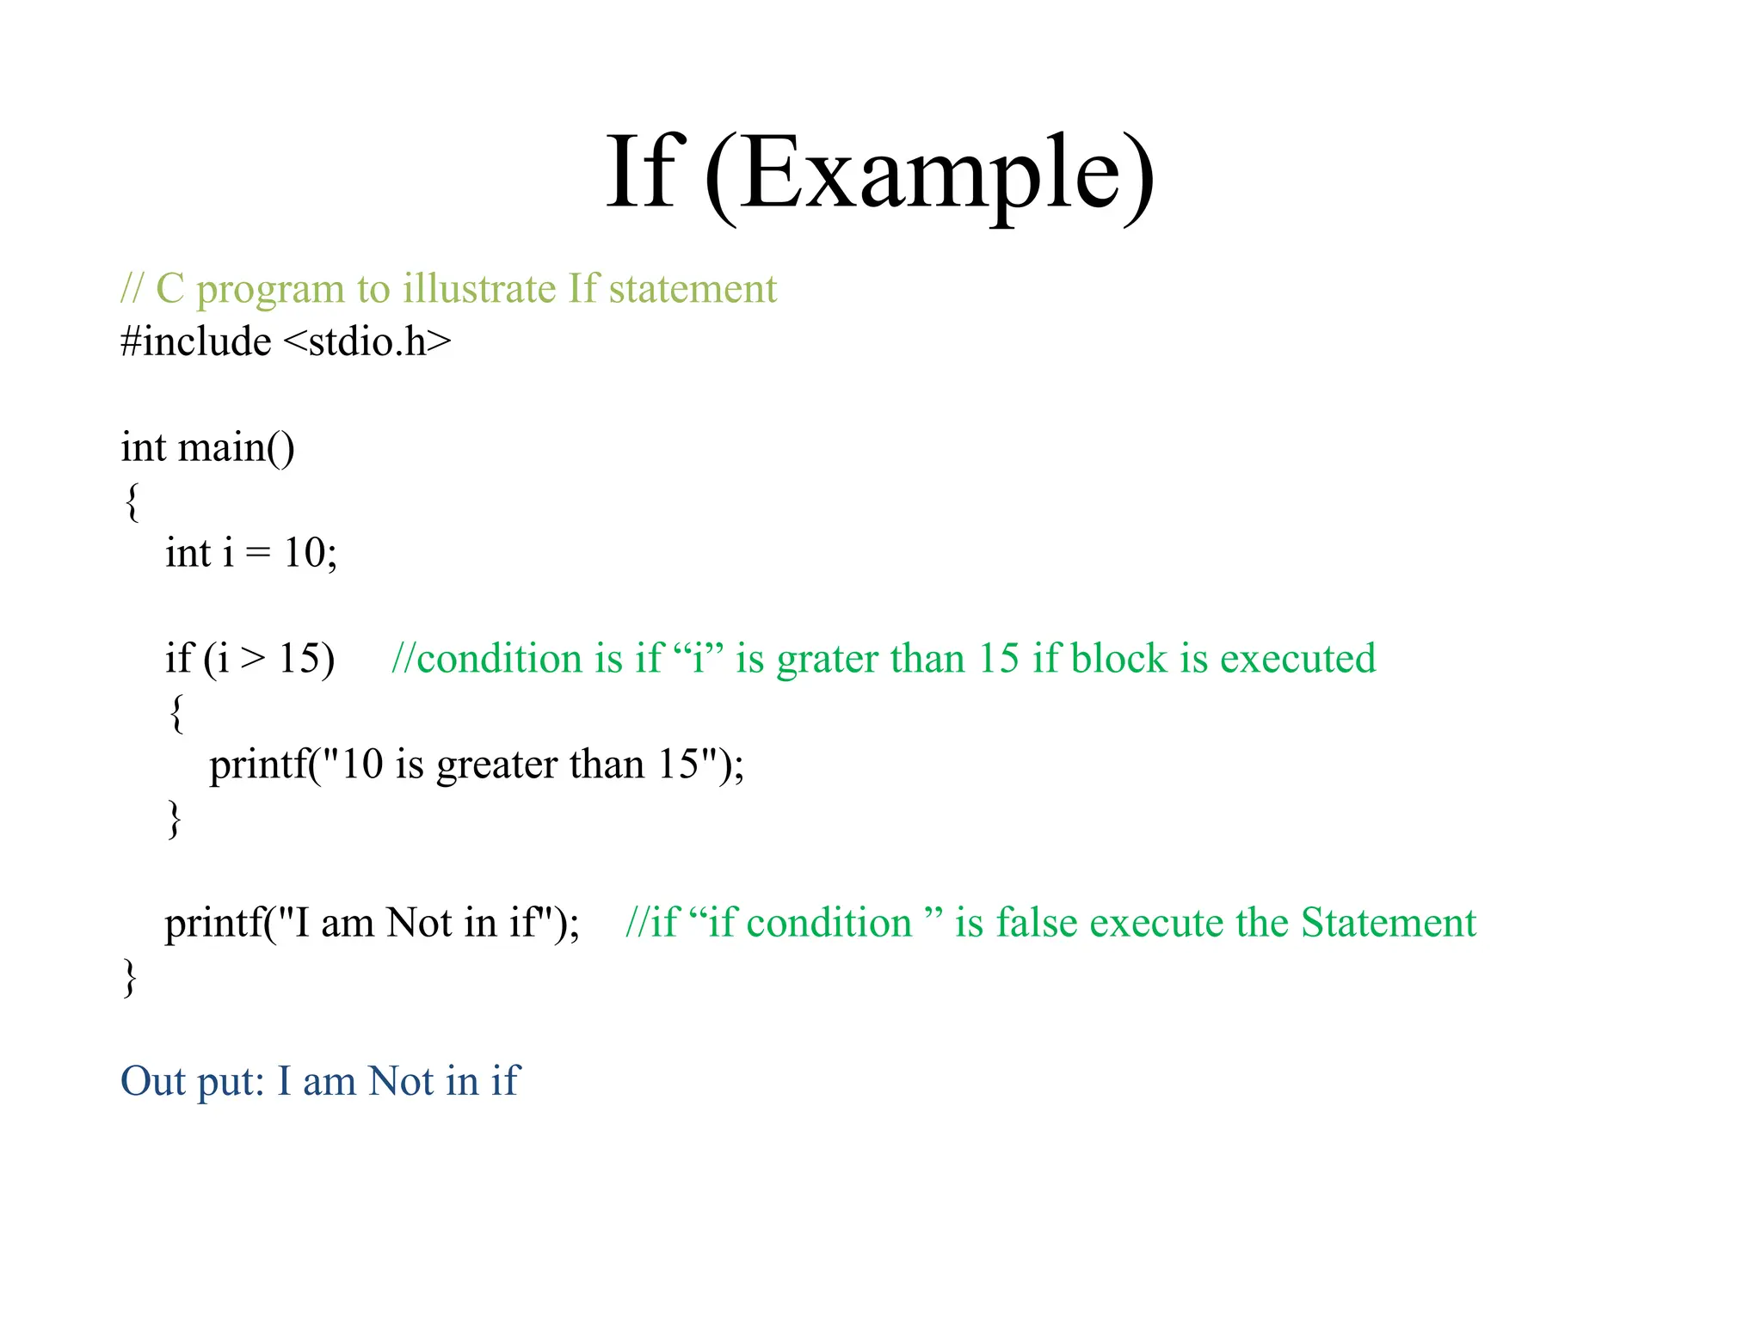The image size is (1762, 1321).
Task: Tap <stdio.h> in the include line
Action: click(x=367, y=342)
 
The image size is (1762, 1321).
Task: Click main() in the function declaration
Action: click(x=236, y=448)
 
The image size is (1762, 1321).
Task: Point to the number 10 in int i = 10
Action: click(x=305, y=553)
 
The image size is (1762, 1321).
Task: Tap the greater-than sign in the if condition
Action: click(x=253, y=660)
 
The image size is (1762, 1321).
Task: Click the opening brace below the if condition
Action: click(x=176, y=713)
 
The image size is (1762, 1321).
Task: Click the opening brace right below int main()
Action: click(x=131, y=501)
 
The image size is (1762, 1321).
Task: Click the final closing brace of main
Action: click(x=130, y=977)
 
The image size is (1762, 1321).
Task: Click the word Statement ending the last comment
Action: click(x=1388, y=924)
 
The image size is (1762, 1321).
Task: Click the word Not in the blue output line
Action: click(x=400, y=1082)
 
